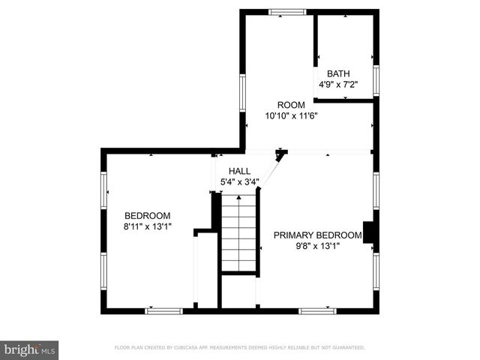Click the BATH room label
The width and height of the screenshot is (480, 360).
[x=337, y=73]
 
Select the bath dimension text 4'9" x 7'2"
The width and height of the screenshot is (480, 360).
[x=337, y=85]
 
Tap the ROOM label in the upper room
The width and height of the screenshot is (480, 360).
[x=291, y=105]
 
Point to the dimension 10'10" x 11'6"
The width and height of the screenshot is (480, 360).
[x=291, y=116]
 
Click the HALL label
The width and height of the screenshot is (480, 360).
[x=240, y=171]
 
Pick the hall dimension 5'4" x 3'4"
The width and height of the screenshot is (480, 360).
[x=240, y=182]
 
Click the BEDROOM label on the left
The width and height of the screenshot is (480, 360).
[x=147, y=215]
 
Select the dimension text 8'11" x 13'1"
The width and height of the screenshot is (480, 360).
[x=147, y=226]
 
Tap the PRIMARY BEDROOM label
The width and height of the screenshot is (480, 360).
[x=317, y=235]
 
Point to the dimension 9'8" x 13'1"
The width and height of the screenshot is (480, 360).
[x=317, y=246]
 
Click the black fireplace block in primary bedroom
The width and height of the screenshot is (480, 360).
[x=369, y=233]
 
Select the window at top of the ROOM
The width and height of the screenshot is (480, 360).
[x=288, y=11]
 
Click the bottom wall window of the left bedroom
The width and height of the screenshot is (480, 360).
[x=163, y=310]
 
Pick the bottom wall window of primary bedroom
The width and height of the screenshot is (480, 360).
[x=317, y=310]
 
